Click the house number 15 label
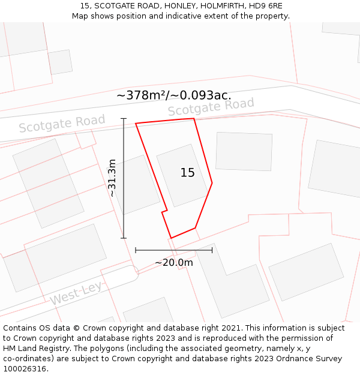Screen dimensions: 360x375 click(x=187, y=173)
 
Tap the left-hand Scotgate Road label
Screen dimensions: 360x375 click(x=62, y=124)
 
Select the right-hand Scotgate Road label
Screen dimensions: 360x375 click(x=211, y=107)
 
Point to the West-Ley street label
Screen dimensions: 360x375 click(x=76, y=293)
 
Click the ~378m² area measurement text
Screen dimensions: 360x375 click(x=174, y=95)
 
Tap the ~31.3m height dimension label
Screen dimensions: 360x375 click(x=112, y=178)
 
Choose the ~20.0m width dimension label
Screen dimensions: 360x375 click(x=174, y=263)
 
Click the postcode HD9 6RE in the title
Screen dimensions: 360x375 click(x=266, y=6)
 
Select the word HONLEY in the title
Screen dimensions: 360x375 click(x=176, y=6)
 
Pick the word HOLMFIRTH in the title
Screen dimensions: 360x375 click(x=221, y=6)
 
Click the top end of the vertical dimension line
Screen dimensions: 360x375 click(x=124, y=119)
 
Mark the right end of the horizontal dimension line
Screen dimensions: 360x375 click(x=212, y=250)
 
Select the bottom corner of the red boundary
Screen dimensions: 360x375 click(x=172, y=238)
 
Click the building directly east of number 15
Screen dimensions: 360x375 click(x=244, y=151)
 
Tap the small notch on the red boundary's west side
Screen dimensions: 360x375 click(x=164, y=211)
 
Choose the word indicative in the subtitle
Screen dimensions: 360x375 click(x=212, y=16)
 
